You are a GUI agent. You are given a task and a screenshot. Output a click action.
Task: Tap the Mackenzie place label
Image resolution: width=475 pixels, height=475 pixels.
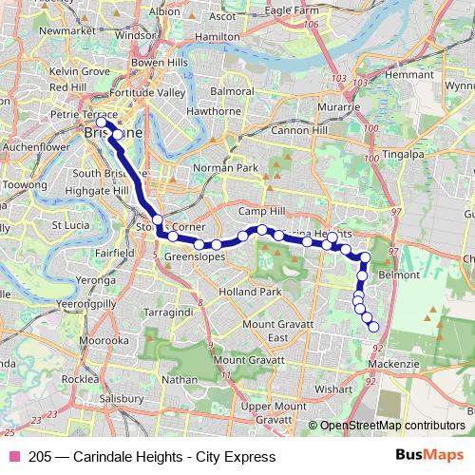click(x=390, y=363)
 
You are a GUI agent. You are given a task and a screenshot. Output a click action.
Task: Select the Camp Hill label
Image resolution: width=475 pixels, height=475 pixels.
click(x=262, y=210)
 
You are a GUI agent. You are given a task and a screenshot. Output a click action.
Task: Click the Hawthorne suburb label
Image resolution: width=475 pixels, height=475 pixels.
click(x=214, y=110)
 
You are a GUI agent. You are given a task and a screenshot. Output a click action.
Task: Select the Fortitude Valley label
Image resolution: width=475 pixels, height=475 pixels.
click(x=147, y=92)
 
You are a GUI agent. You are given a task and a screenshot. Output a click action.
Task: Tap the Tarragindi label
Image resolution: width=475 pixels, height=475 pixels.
click(x=167, y=311)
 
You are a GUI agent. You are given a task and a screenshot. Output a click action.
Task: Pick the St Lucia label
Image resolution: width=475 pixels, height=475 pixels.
click(x=71, y=225)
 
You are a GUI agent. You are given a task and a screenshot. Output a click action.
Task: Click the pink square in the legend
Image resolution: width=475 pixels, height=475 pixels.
click(x=14, y=457)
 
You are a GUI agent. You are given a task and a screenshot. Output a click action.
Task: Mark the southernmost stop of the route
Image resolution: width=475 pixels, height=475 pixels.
click(x=373, y=327)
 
